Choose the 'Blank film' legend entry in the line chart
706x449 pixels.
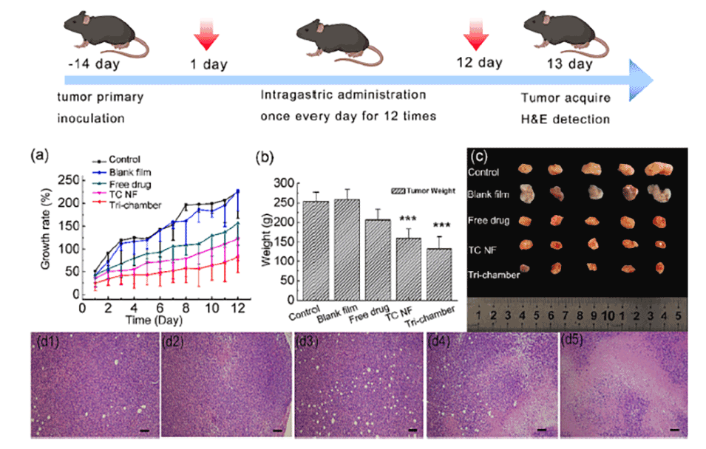[129, 171]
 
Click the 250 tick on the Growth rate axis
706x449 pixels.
[69, 179]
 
